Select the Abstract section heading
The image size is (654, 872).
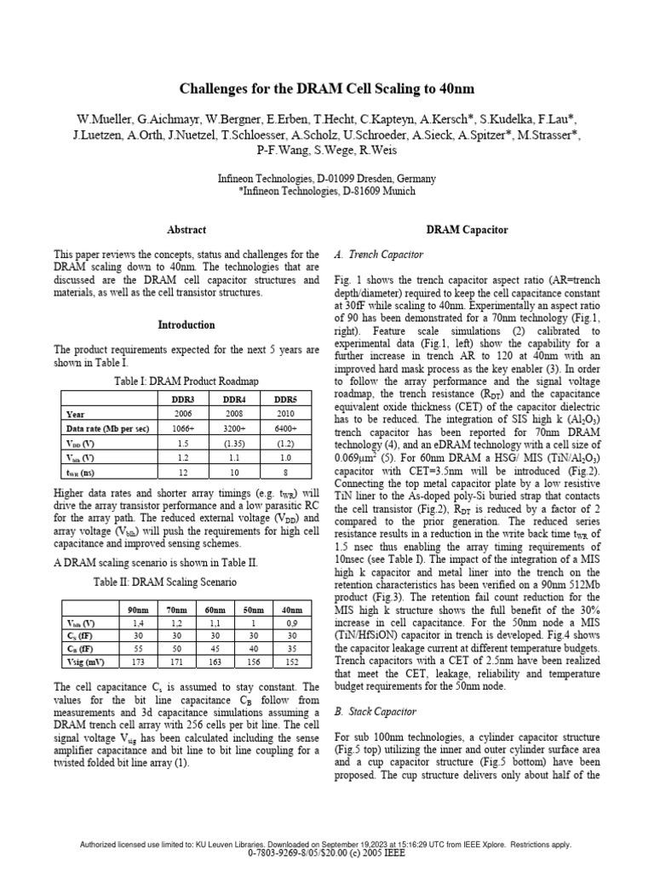pos(186,230)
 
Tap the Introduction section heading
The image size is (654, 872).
pos(186,325)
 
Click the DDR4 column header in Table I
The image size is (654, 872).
pos(235,399)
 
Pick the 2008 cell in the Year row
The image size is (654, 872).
pos(235,413)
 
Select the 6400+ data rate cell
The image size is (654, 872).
pos(285,428)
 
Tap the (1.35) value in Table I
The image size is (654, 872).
pos(235,444)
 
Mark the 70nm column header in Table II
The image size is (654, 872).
pos(176,611)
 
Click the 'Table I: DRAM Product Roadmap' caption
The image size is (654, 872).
pos(186,380)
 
